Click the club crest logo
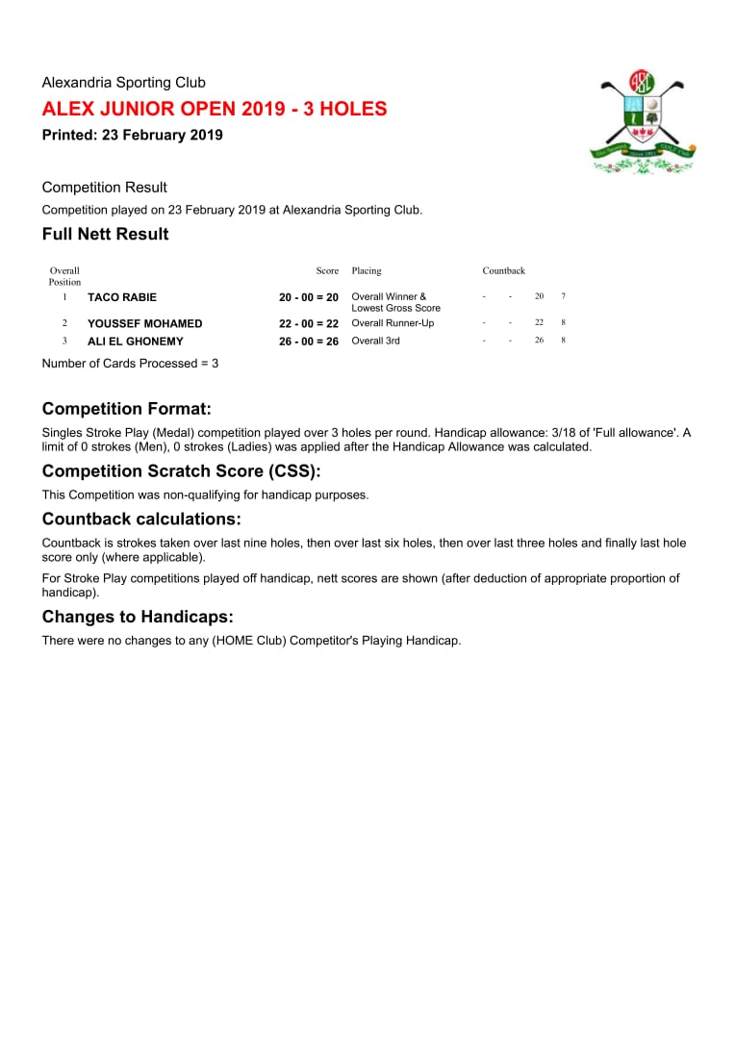coord(643,122)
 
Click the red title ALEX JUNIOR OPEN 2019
coord(215,109)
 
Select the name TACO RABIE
coord(122,297)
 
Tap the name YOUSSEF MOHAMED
coord(145,323)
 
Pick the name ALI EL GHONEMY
coord(136,342)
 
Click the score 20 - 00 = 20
coord(309,297)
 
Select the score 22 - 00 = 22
coord(309,323)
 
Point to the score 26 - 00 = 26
coord(309,342)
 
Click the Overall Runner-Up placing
coord(393,323)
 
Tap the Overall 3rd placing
coord(375,341)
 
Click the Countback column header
coord(504,271)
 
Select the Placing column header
coord(367,271)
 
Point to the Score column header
coord(327,271)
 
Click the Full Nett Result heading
coord(106,234)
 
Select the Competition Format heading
coord(127,409)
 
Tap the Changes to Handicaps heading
coord(138,617)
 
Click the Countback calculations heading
coord(141,519)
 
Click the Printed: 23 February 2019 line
coord(133,135)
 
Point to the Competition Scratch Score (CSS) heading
coord(181,471)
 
